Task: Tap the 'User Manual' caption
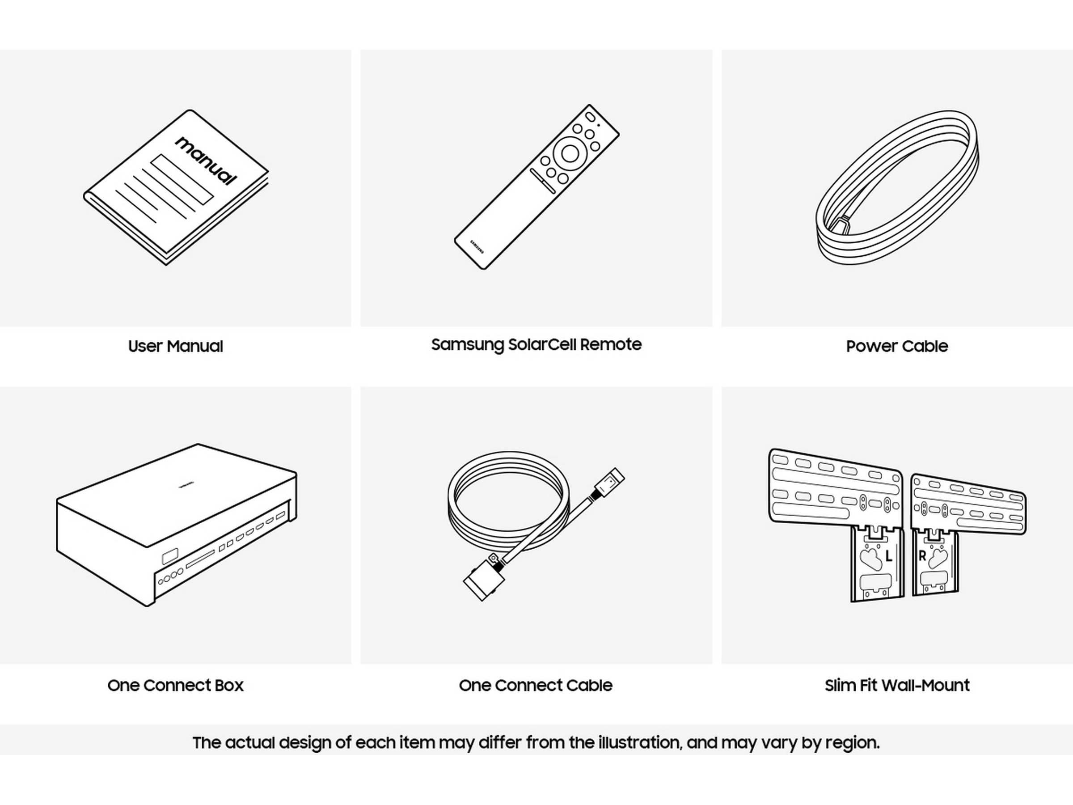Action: [x=176, y=346]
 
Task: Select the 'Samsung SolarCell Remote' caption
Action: [x=536, y=344]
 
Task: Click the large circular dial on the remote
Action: [x=569, y=153]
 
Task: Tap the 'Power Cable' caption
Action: [x=897, y=346]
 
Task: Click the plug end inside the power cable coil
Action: [x=843, y=225]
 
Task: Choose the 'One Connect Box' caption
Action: [x=176, y=685]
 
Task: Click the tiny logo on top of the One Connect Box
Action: [x=186, y=483]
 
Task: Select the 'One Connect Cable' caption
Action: [x=536, y=685]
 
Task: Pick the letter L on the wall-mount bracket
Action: [x=888, y=556]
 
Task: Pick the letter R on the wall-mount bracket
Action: [x=922, y=556]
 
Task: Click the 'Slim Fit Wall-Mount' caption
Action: [x=897, y=685]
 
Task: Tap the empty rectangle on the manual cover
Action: [x=182, y=179]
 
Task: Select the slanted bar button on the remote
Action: [x=543, y=181]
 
